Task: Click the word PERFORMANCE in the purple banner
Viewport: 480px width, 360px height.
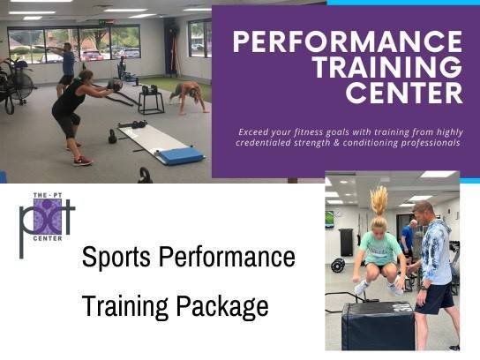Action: tap(348, 42)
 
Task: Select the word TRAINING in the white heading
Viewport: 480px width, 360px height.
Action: tap(388, 67)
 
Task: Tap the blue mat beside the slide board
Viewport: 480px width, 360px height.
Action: tap(181, 156)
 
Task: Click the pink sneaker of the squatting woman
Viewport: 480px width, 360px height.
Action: tap(82, 161)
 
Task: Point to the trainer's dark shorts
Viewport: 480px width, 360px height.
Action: tap(434, 298)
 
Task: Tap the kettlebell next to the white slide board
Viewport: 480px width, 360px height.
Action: tap(112, 137)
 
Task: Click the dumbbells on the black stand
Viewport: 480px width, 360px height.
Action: tap(150, 89)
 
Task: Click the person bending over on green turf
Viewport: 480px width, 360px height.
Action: tap(188, 95)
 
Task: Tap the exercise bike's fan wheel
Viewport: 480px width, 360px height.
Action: tap(22, 83)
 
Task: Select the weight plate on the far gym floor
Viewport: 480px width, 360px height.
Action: tap(338, 265)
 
